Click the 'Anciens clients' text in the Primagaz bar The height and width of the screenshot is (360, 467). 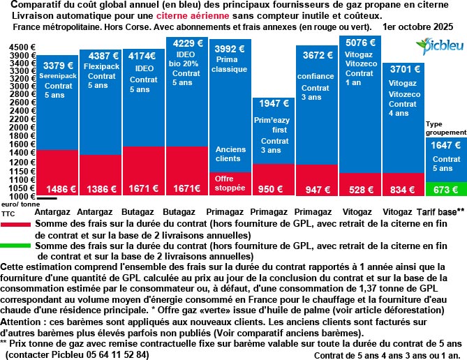[x=230, y=154]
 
